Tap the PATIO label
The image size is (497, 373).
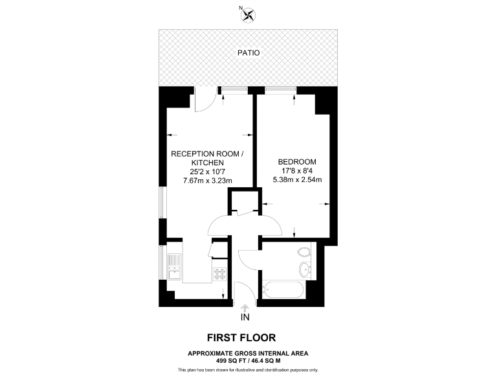coord(248,52)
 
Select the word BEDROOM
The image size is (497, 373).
coord(297,161)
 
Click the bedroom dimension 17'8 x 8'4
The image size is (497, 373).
coord(297,170)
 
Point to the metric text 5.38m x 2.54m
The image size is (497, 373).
coord(297,179)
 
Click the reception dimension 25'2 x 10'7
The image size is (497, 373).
coord(206,172)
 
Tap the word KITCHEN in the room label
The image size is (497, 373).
coord(207,163)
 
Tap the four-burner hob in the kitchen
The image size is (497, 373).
coord(219,273)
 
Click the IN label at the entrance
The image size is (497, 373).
coord(245,317)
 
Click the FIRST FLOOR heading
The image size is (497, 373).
coord(241,337)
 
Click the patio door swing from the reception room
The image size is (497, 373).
coord(205,100)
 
